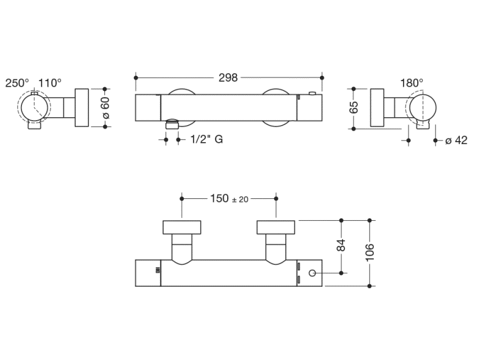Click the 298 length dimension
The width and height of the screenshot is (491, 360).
[228, 77]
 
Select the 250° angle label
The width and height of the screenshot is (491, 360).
[17, 83]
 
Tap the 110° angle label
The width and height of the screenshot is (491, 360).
[50, 83]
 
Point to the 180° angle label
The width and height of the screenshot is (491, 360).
[412, 83]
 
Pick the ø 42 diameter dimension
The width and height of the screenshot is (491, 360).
[456, 140]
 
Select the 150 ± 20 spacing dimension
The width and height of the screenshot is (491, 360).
[229, 198]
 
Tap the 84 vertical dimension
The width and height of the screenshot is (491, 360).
[341, 245]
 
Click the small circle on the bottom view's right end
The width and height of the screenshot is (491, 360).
[313, 273]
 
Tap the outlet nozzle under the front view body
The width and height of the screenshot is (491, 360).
[172, 124]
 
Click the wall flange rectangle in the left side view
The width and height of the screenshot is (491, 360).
[82, 108]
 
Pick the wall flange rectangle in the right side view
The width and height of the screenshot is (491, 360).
[377, 108]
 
